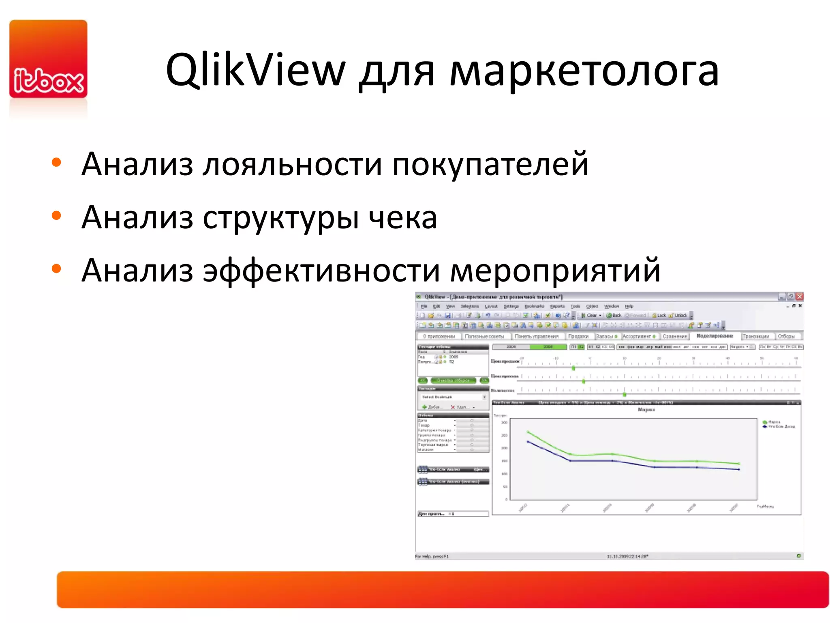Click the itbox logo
coord(48,59)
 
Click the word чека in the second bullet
coord(403,217)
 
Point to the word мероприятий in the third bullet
coord(555,271)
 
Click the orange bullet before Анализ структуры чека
coord(56,216)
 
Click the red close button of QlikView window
coord(799,296)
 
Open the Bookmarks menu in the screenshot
coord(534,306)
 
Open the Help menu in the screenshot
coord(629,306)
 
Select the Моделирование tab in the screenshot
coord(714,336)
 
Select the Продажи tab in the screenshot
coord(578,336)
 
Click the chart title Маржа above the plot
coord(646,410)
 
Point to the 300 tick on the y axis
coord(504,423)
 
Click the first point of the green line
coord(528,432)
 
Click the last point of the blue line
coord(739,469)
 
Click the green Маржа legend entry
coord(773,422)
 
